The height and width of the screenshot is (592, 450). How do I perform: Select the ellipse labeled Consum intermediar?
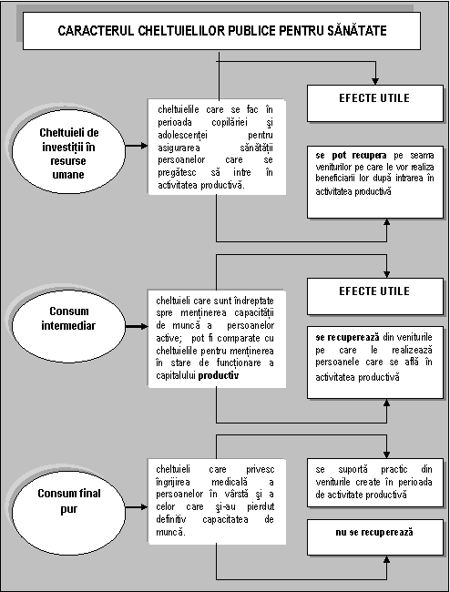[x=68, y=326]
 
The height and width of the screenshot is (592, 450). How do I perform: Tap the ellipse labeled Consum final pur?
[x=68, y=507]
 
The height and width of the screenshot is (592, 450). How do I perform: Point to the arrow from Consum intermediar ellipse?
[x=137, y=326]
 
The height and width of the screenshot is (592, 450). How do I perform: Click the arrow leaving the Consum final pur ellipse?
[x=137, y=507]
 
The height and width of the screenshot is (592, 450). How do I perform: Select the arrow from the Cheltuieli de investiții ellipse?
[x=137, y=146]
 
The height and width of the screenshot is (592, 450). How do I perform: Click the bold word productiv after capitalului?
[x=219, y=375]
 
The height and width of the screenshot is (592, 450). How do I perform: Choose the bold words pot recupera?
[x=359, y=155]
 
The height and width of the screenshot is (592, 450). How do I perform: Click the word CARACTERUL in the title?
[x=96, y=31]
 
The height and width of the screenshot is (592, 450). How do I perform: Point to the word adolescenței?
[x=182, y=135]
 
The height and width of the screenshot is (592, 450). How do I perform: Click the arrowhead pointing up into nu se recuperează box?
[x=386, y=559]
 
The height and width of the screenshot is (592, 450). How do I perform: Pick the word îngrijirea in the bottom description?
[x=173, y=482]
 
